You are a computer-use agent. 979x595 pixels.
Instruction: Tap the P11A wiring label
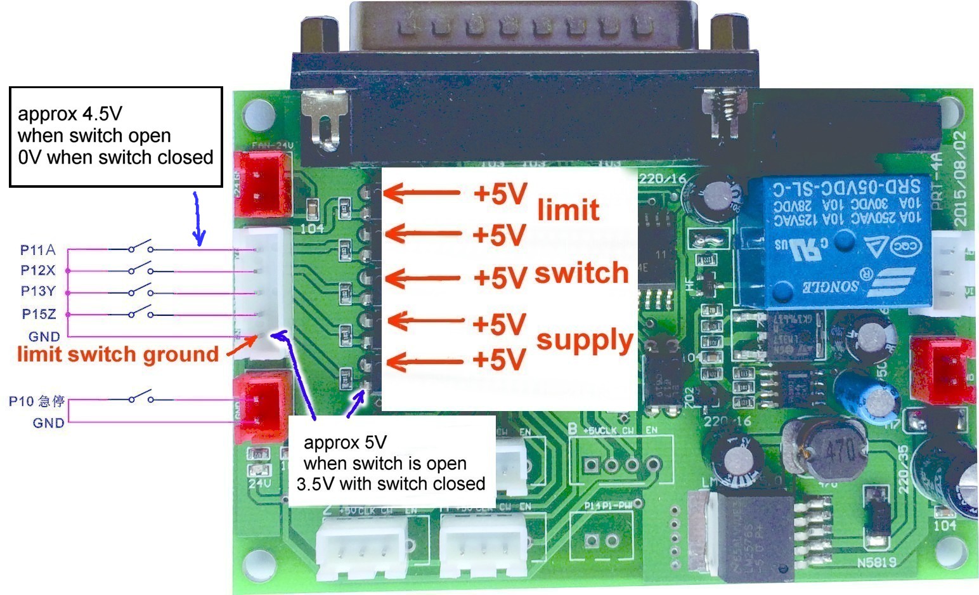coord(38,250)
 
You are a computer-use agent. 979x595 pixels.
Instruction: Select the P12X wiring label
coord(38,271)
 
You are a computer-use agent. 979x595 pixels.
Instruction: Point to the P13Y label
coord(38,292)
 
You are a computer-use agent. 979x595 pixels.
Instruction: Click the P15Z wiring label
coord(39,314)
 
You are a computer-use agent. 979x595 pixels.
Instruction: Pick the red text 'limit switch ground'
coord(118,355)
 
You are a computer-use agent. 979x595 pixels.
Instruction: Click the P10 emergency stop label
coord(37,402)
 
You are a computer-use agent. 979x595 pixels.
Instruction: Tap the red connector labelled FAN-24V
coord(263,185)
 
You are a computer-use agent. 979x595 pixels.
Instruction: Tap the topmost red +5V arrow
coord(422,193)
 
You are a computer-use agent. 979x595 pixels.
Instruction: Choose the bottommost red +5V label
coord(500,360)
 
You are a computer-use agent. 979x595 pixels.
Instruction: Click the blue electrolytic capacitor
coord(867,396)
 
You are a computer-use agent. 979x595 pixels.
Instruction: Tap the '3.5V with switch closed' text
coord(391,484)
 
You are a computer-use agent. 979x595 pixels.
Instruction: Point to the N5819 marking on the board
coord(877,563)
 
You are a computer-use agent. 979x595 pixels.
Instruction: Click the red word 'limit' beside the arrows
coord(568,210)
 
